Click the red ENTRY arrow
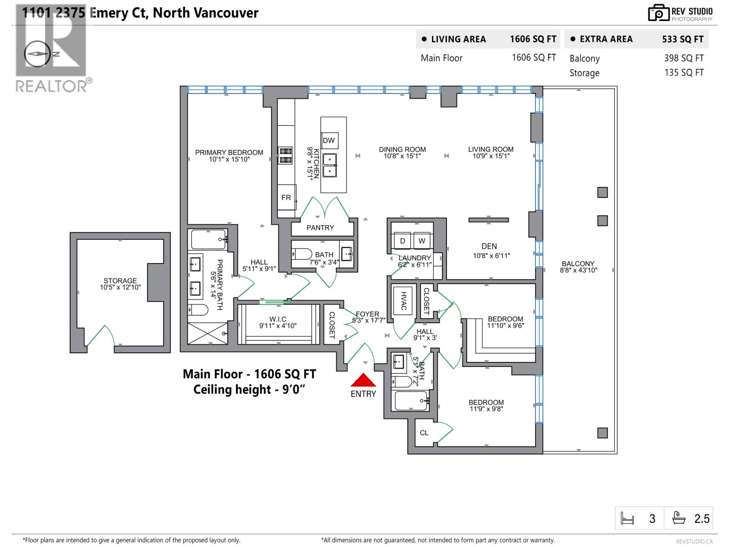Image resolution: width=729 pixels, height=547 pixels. click(363, 380)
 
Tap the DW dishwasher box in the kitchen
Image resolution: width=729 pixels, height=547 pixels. click(329, 140)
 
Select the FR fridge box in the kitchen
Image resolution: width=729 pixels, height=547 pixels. click(287, 197)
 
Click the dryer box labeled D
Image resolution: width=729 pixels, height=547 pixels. click(402, 241)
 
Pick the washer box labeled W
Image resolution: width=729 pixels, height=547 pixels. click(422, 241)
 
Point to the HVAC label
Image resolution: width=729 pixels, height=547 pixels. click(403, 301)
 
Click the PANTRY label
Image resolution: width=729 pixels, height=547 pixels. click(320, 227)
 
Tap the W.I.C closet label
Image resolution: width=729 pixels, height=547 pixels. click(277, 319)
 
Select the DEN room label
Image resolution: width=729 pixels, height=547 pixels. click(489, 246)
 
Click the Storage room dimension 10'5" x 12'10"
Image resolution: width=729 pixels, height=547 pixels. click(120, 287)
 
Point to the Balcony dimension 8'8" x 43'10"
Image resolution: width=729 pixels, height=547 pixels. click(578, 270)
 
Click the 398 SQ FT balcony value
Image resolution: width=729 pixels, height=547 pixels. click(683, 58)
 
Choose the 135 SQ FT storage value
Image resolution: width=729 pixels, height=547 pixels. click(683, 72)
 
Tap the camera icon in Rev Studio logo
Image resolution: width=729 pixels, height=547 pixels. click(658, 13)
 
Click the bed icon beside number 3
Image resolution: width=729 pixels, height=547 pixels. click(627, 519)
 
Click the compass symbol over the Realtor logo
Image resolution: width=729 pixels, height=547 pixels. click(38, 53)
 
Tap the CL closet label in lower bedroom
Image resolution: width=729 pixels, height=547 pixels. click(424, 433)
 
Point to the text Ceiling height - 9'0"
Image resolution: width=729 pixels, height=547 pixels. click(249, 390)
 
